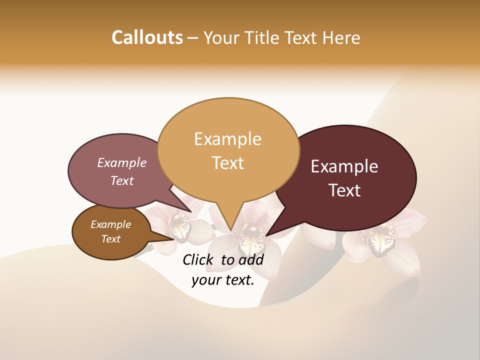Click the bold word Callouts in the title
(147, 37)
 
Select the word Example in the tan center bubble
(227, 139)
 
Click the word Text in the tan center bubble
(227, 163)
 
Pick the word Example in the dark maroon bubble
(344, 166)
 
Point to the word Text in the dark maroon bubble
(344, 190)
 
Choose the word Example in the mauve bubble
(122, 163)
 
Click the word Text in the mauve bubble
(122, 180)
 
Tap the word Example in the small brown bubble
(110, 224)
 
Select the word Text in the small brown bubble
(110, 239)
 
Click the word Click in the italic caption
(199, 259)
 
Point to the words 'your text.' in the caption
(223, 280)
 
